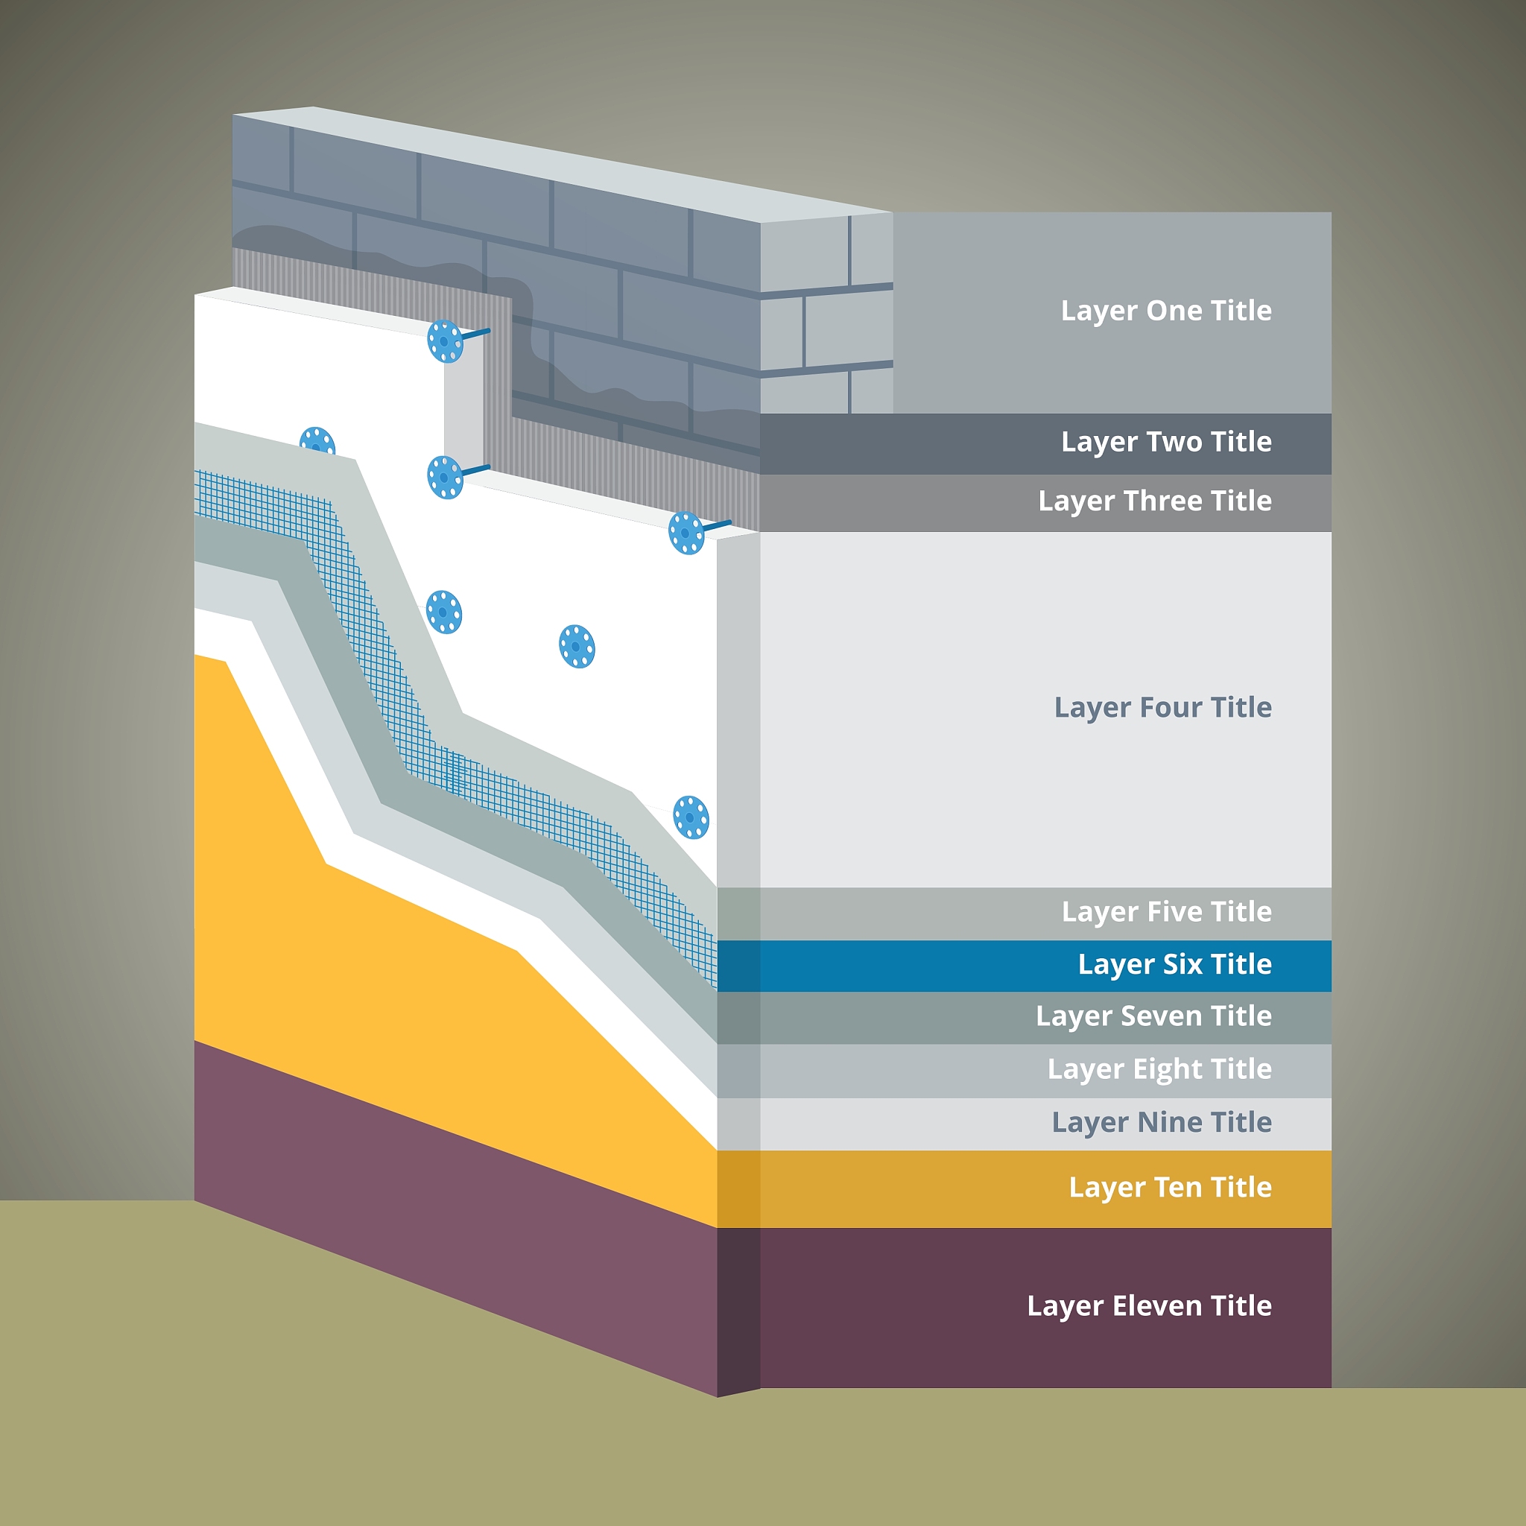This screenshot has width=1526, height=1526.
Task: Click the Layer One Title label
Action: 1166,311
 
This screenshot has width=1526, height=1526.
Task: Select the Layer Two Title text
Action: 1166,443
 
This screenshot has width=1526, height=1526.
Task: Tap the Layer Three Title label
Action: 1155,501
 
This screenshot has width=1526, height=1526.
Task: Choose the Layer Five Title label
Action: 1166,912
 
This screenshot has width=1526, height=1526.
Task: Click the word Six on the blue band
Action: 1183,963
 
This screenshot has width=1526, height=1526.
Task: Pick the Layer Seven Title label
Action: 1153,1016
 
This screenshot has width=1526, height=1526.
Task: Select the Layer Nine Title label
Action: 1161,1122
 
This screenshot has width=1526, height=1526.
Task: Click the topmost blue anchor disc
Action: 445,341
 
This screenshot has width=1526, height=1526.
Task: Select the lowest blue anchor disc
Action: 691,817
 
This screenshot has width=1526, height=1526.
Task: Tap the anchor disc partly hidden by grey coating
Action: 317,440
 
